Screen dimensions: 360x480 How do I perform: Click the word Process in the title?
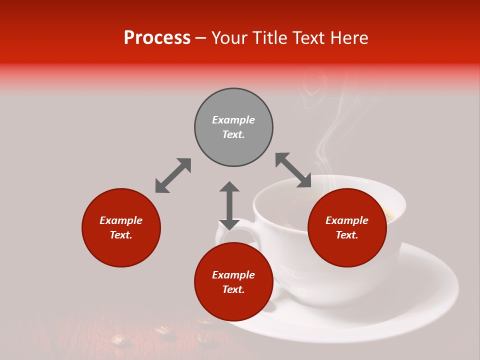coord(157,38)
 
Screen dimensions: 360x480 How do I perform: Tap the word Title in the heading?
coord(272,38)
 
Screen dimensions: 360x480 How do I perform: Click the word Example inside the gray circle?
coord(233,120)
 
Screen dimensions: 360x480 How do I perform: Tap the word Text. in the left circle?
coord(121,235)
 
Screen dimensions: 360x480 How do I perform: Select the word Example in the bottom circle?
coord(233,275)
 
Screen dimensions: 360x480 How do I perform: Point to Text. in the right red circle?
coord(347,235)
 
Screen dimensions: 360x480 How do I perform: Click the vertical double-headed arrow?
coord(229,205)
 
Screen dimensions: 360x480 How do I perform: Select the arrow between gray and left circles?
coord(173,175)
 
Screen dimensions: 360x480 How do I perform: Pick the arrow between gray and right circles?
coord(293,170)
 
